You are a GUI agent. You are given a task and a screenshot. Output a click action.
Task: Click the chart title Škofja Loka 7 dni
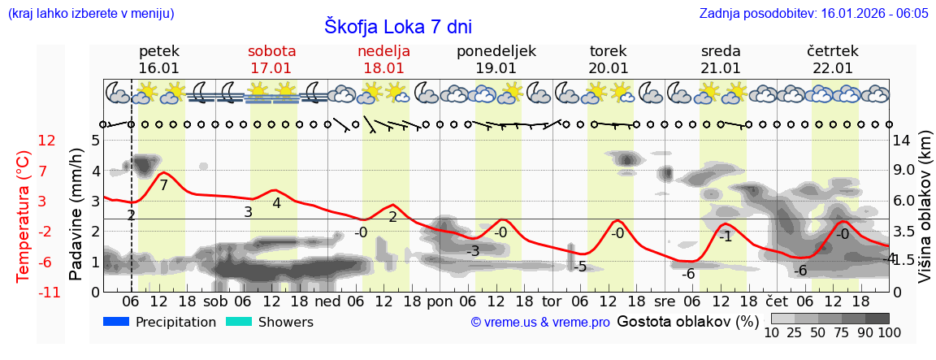(x=398, y=26)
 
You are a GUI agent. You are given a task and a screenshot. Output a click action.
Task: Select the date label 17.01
(x=271, y=68)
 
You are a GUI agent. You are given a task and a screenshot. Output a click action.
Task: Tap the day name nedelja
(x=383, y=51)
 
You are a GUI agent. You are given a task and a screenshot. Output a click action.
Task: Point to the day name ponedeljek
(x=496, y=51)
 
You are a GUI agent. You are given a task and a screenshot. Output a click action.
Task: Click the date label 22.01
(x=833, y=68)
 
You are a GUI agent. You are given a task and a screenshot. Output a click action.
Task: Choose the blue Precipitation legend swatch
(x=116, y=322)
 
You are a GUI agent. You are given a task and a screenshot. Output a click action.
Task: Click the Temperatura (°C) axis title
(x=24, y=215)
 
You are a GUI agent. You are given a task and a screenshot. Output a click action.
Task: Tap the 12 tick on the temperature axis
(x=47, y=141)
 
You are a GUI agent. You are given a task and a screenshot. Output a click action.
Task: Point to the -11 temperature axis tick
(x=47, y=293)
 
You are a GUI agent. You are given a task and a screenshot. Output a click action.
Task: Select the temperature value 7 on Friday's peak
(x=163, y=185)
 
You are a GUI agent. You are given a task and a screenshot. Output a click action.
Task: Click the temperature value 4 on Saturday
(x=276, y=203)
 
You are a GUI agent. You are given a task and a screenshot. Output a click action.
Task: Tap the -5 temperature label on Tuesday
(x=579, y=267)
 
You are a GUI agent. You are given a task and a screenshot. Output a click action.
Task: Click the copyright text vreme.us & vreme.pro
(x=540, y=322)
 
